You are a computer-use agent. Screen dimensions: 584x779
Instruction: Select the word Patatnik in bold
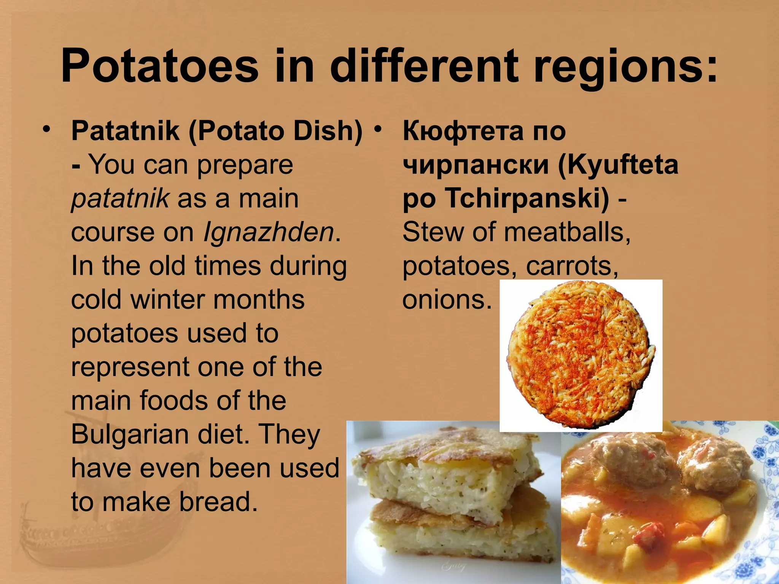[x=125, y=131]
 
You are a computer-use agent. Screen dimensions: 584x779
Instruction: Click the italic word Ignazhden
[x=269, y=232]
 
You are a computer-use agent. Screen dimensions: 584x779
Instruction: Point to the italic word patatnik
[x=120, y=198]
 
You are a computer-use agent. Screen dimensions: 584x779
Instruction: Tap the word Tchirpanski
[x=527, y=198]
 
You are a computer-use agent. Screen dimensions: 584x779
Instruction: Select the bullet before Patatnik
[x=46, y=129]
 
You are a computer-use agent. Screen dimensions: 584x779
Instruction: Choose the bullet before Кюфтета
[x=377, y=129]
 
